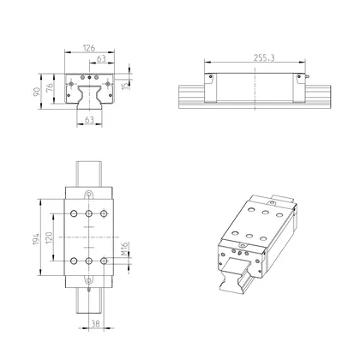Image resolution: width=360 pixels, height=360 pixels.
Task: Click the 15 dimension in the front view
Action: coord(127,86)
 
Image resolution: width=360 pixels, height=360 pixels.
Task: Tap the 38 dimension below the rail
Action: coord(96,324)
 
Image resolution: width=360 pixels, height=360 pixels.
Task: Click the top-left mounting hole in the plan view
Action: coord(72,213)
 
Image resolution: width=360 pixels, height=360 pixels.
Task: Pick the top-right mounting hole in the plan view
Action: coord(104,213)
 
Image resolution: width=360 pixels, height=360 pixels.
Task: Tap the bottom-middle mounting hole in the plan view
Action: coord(87,261)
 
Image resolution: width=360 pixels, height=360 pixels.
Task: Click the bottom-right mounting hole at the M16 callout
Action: coord(104,261)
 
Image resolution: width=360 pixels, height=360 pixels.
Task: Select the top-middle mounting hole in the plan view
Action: coord(87,213)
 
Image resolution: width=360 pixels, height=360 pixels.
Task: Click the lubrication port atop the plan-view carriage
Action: coord(87,195)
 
